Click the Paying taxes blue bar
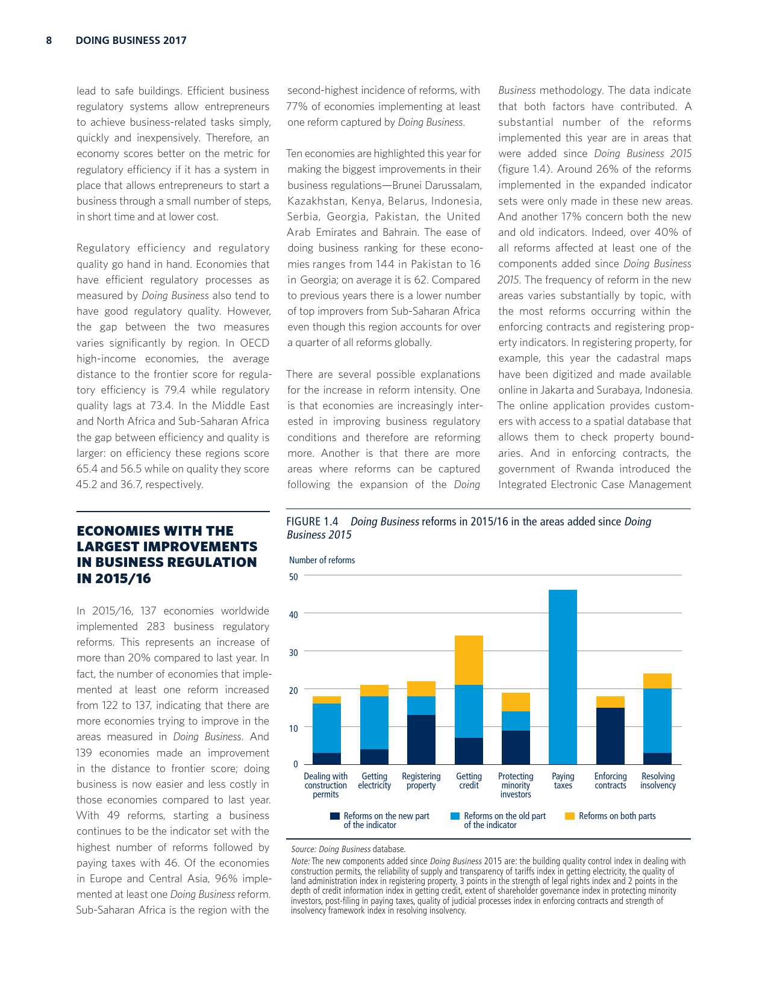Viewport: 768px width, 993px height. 563,676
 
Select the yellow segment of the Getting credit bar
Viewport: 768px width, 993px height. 469,660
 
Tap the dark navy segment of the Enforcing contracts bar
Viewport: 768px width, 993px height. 610,735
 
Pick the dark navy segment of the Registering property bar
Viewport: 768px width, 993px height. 421,739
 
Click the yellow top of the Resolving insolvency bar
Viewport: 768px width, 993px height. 657,681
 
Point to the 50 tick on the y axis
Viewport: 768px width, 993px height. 293,577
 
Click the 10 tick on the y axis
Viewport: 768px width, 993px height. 293,728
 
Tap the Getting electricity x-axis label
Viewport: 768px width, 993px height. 374,781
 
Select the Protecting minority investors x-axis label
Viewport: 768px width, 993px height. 516,785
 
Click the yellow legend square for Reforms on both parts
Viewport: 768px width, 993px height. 569,816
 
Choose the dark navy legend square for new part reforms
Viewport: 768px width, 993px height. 335,816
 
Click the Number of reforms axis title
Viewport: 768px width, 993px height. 322,560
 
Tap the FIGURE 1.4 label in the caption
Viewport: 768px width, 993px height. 312,522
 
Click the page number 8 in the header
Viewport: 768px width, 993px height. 49,40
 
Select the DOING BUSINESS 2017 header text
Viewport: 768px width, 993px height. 131,40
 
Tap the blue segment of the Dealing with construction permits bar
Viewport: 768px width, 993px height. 326,728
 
